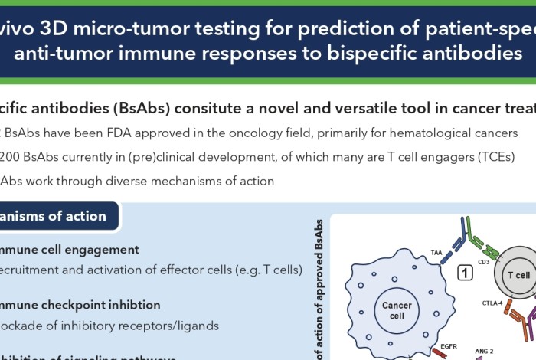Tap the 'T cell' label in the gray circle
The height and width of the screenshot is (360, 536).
coord(518,276)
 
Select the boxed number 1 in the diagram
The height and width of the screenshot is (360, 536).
coord(464,272)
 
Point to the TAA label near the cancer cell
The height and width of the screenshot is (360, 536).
coord(436,251)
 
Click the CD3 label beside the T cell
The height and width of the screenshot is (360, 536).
coord(483,262)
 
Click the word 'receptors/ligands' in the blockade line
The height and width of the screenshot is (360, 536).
coord(170,326)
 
